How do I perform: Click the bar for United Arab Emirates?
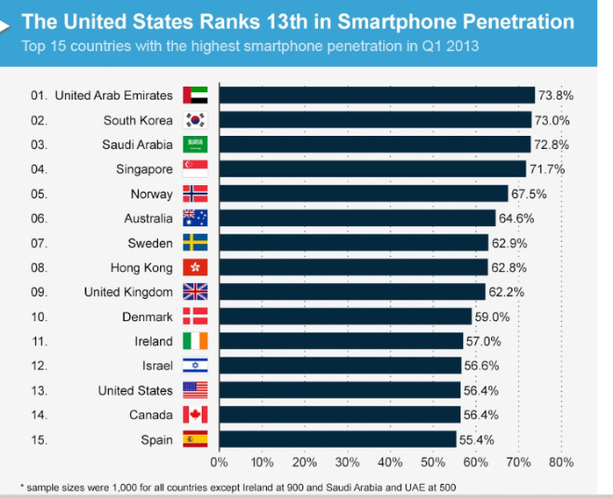[x=377, y=95]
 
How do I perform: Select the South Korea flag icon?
[x=195, y=120]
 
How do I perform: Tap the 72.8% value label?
[x=551, y=144]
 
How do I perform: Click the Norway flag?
[x=195, y=194]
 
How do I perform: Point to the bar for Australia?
[x=357, y=219]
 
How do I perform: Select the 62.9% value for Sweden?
[x=508, y=243]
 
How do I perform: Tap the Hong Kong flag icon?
[x=195, y=268]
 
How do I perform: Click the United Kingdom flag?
[x=195, y=292]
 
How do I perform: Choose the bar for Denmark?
[x=345, y=316]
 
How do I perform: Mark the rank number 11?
[x=38, y=342]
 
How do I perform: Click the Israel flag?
[x=195, y=366]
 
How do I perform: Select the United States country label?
[x=136, y=391]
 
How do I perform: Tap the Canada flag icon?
[x=195, y=415]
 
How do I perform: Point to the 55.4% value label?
[x=475, y=439]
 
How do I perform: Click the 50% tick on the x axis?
[x=433, y=461]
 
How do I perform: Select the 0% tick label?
[x=220, y=461]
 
